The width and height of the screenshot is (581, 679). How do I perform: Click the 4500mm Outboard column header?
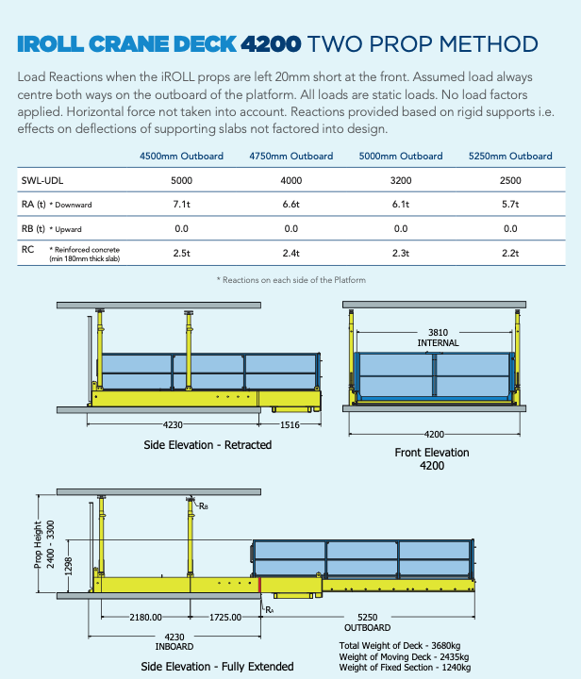(181, 156)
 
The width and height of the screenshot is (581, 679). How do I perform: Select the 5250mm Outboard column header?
(509, 156)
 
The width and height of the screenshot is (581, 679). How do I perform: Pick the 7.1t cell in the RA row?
(181, 204)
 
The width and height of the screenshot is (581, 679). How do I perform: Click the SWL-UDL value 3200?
(401, 179)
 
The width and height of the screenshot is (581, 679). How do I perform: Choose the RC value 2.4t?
(290, 253)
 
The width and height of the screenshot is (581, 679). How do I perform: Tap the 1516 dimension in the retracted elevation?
(290, 425)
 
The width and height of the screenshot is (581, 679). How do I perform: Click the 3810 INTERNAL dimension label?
(438, 338)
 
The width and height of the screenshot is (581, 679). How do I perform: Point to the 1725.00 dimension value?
(223, 618)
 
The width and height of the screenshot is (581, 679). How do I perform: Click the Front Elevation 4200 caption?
(431, 458)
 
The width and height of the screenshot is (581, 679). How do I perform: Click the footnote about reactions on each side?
(290, 280)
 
